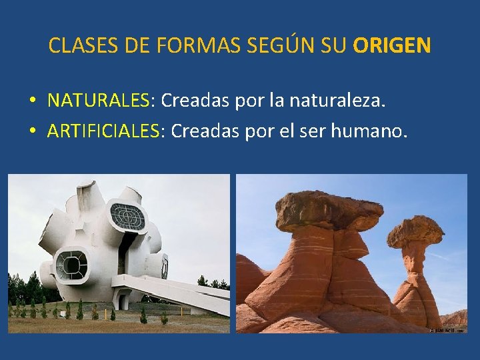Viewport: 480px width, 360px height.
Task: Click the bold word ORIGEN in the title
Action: [x=392, y=45]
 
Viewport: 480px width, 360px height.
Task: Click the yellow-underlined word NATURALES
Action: [x=99, y=101]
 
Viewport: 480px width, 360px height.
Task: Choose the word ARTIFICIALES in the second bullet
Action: [x=104, y=131]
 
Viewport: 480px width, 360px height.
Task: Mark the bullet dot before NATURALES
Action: [x=32, y=101]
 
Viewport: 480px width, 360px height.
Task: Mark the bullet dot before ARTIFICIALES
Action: [x=32, y=131]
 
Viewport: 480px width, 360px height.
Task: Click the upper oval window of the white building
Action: [x=127, y=217]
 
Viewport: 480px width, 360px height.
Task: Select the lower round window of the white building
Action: [x=71, y=264]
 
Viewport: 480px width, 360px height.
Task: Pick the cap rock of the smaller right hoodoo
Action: [x=416, y=231]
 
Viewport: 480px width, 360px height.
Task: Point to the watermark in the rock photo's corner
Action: [x=448, y=329]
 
